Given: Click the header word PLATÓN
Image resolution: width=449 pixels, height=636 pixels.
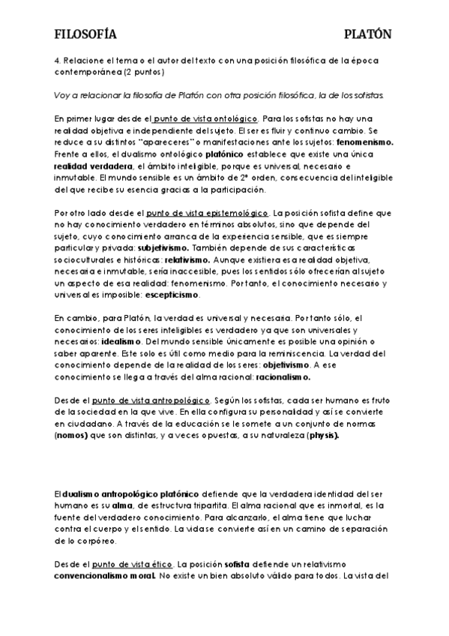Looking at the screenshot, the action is pyautogui.click(x=367, y=34).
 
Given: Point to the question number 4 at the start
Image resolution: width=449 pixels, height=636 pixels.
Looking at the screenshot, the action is pyautogui.click(x=57, y=61).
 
